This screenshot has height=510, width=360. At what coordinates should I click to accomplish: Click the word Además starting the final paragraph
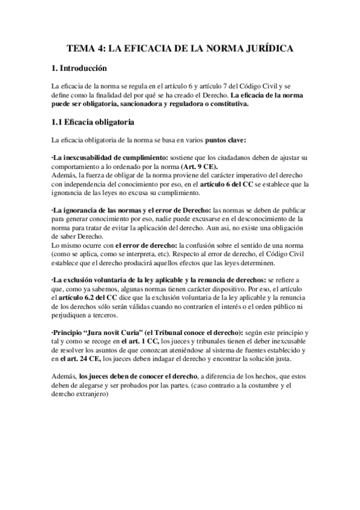(x=64, y=376)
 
